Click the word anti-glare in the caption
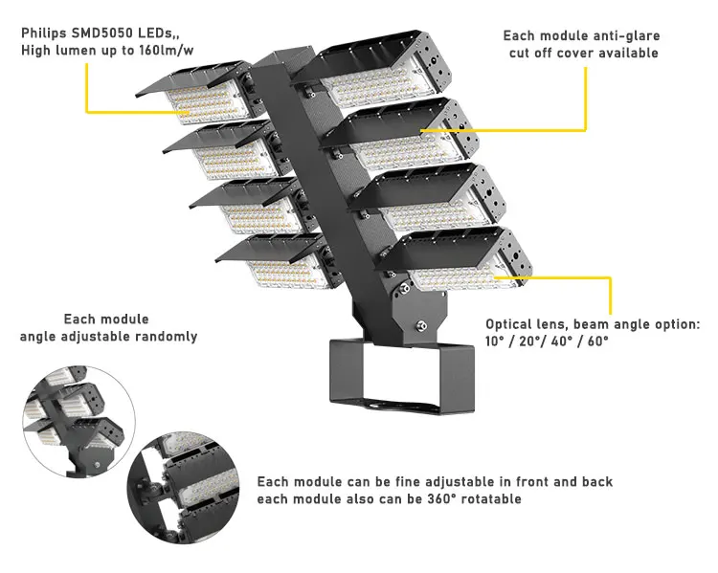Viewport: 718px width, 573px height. (x=624, y=35)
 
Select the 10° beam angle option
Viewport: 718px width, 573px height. (x=498, y=342)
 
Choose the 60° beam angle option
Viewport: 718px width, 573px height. (x=595, y=342)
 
